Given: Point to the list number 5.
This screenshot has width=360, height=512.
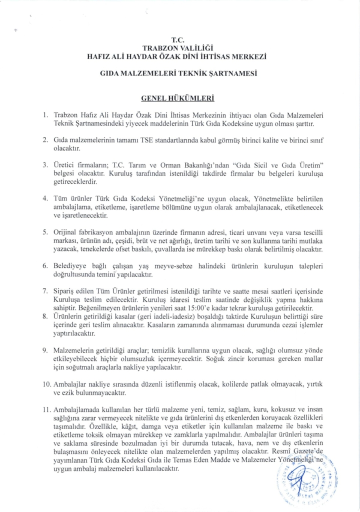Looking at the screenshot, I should (x=45, y=232).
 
